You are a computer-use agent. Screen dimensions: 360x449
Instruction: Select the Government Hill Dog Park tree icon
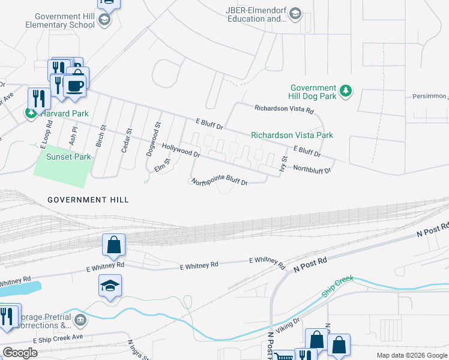[345, 91]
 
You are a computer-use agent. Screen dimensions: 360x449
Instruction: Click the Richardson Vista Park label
[292, 136]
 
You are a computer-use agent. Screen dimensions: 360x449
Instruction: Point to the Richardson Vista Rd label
[284, 110]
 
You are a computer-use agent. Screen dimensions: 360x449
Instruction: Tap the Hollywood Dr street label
[181, 150]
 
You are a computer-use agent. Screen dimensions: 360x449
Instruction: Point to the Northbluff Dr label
[312, 169]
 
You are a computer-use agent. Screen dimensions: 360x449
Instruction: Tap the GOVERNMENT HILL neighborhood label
[88, 200]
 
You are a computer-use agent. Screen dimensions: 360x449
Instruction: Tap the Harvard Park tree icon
[30, 113]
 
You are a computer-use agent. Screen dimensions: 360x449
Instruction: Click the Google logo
[20, 353]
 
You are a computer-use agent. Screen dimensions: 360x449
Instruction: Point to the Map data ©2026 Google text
[411, 355]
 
